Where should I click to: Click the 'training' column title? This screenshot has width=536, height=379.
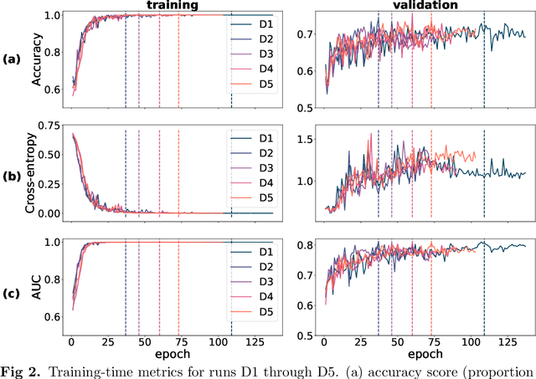pos(170,5)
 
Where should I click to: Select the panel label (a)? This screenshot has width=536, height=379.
pos(12,59)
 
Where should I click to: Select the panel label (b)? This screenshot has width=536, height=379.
pos(12,177)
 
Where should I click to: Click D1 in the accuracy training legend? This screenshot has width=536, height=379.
pos(266,21)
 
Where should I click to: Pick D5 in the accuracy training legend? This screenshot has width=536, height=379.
pos(266,84)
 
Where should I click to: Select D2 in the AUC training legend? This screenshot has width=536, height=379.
pos(266,267)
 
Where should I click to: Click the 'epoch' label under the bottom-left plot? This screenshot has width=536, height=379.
pos(170,357)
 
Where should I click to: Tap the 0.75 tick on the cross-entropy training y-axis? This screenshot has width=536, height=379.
pos(52,125)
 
